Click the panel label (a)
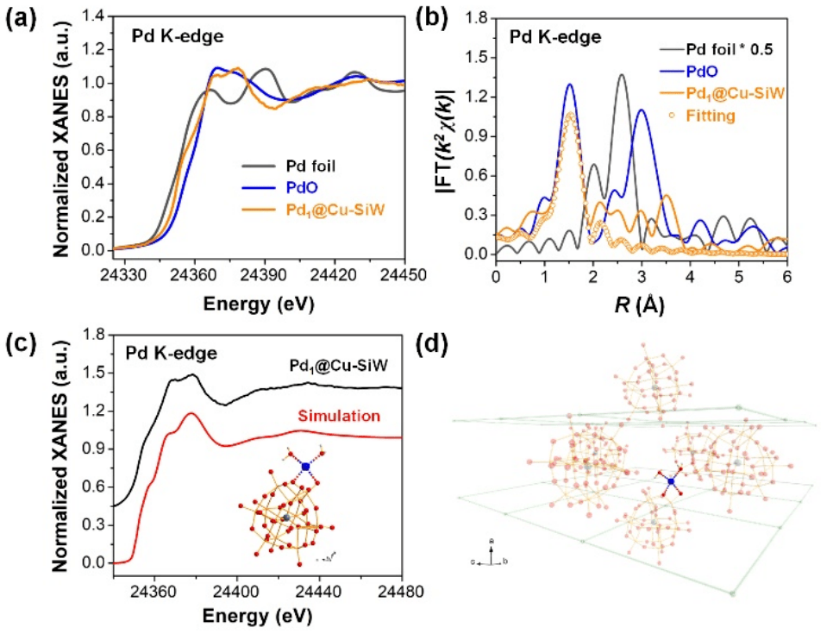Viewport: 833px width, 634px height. tap(18, 19)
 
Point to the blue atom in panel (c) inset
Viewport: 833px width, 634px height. tap(305, 467)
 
